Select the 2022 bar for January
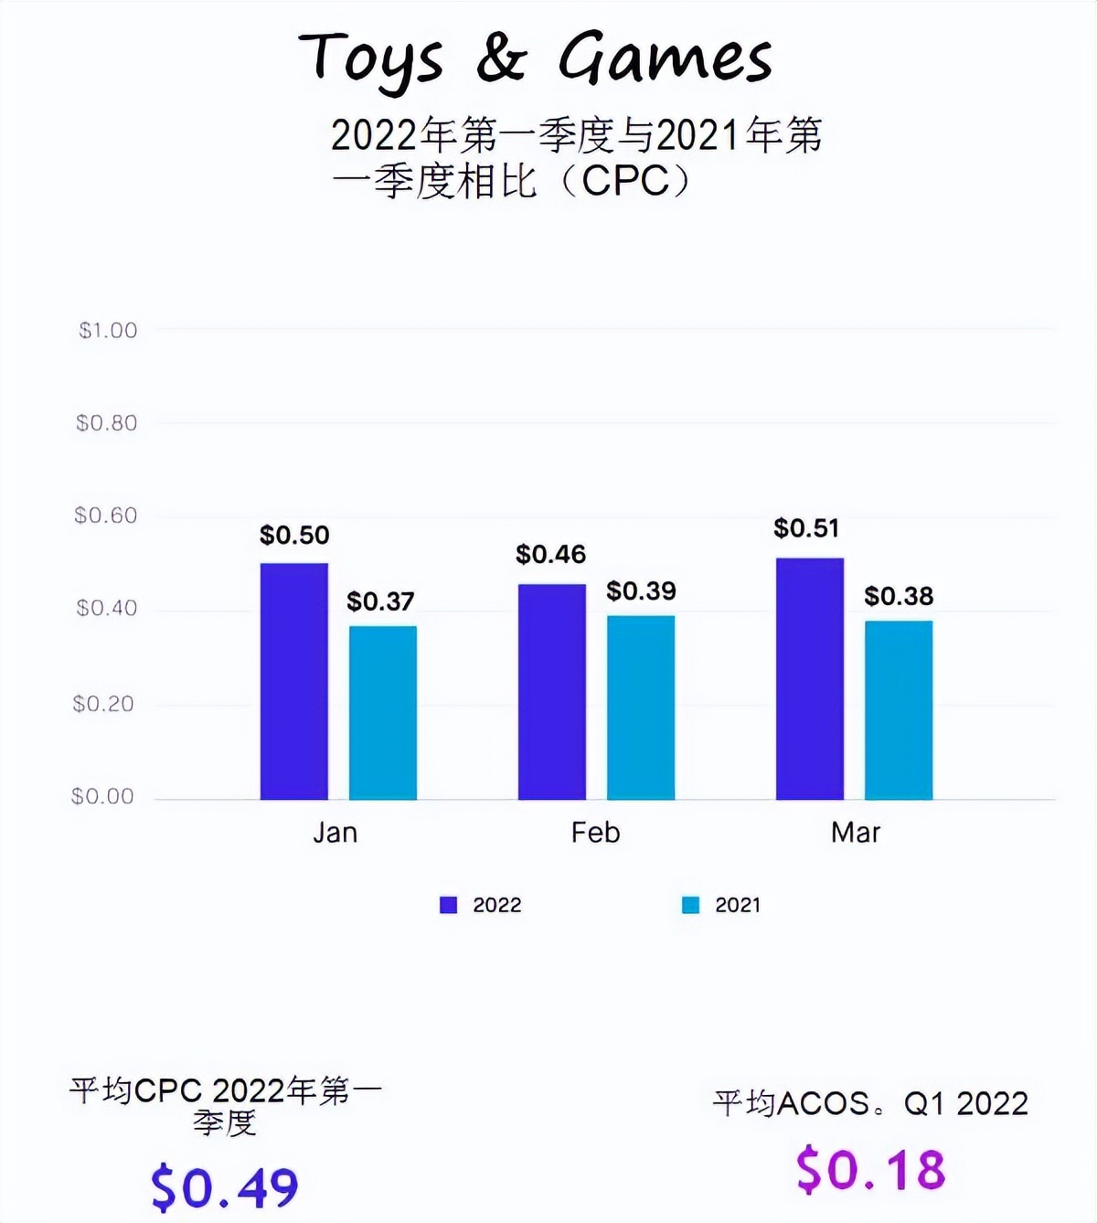coord(293,681)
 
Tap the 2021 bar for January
coord(382,712)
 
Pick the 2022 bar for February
coord(551,691)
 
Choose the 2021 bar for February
coord(641,707)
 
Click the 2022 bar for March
coord(809,678)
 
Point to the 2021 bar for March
coord(899,709)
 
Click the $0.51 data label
coord(805,528)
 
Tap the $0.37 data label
coord(380,601)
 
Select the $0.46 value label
coord(550,554)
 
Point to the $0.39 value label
coord(641,591)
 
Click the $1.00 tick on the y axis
coord(108,330)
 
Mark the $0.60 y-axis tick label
coord(106,516)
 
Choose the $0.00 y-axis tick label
coord(102,796)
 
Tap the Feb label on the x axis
coord(595,833)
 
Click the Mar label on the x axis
coord(856,833)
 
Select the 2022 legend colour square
coord(448,905)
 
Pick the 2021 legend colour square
coord(691,905)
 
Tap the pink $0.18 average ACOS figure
coord(870,1170)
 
